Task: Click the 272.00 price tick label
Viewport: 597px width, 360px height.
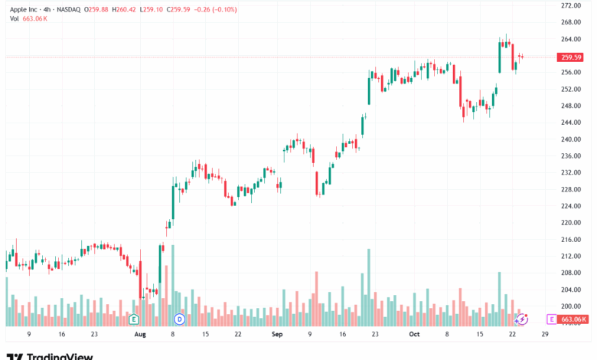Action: pos(571,5)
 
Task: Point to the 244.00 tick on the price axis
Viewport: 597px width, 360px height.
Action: pos(571,123)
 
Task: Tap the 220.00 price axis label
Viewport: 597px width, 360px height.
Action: pos(571,222)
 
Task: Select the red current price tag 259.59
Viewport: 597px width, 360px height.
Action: pos(570,57)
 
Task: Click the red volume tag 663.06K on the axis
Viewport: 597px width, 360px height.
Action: pos(573,319)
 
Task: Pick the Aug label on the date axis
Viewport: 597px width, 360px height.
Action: pos(140,335)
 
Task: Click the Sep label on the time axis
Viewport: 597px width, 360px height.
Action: pos(277,335)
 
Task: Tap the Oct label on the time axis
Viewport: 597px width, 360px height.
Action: pos(414,335)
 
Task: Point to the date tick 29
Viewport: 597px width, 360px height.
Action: pos(545,334)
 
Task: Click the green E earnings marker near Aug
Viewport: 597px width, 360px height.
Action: pos(134,319)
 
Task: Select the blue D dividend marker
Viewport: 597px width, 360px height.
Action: pos(179,319)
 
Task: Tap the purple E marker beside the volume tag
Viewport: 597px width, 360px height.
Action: pos(551,319)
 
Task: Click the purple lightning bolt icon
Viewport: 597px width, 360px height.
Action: pos(522,319)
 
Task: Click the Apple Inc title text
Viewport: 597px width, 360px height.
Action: pos(24,9)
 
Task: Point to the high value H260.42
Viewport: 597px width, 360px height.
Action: pos(124,9)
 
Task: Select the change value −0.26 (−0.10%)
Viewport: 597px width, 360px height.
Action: pos(216,9)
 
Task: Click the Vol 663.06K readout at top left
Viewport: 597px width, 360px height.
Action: pos(28,18)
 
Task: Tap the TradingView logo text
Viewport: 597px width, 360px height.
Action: pos(50,357)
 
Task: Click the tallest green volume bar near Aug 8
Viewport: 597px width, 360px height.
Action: pos(173,286)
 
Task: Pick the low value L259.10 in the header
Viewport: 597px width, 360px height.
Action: pos(151,9)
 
